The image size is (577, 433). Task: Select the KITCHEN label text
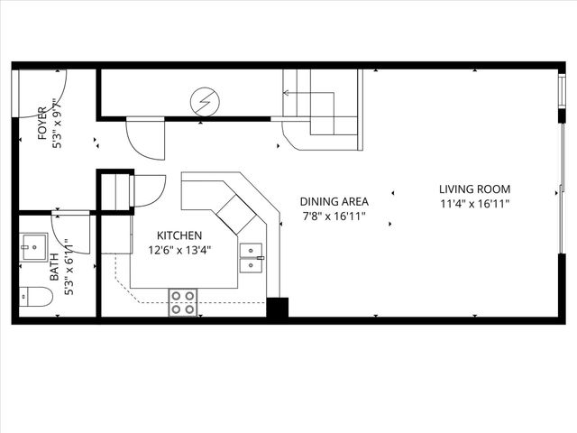click(169, 235)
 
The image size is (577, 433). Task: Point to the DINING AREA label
click(334, 202)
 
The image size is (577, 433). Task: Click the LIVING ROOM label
click(474, 189)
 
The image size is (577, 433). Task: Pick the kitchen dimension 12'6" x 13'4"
click(181, 250)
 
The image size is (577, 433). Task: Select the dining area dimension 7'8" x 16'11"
click(334, 216)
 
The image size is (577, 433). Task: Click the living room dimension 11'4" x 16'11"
click(474, 204)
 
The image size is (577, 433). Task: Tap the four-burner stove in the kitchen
click(183, 301)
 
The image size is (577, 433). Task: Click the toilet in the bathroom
click(35, 296)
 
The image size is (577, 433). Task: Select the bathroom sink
click(34, 245)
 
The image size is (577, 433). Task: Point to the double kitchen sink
click(252, 257)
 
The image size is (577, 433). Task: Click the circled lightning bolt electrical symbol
click(206, 101)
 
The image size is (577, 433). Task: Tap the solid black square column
click(277, 307)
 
